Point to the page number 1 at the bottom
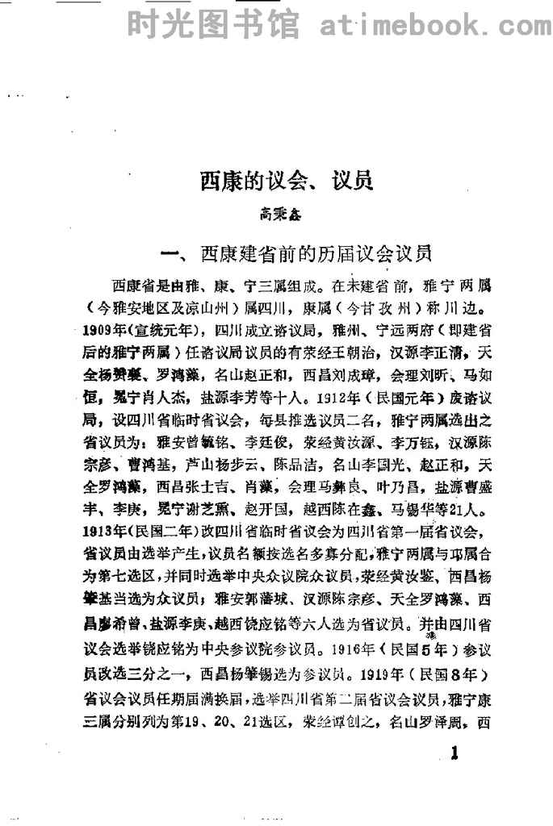click(x=454, y=755)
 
